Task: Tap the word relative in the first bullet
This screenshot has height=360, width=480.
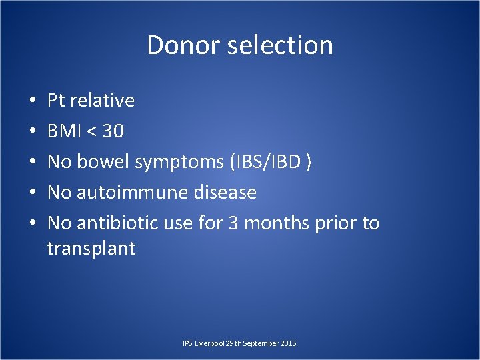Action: coord(103,101)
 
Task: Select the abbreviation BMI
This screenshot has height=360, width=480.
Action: coord(65,131)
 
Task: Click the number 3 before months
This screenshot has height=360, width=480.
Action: coord(233,223)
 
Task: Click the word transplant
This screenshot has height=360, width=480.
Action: coord(91,249)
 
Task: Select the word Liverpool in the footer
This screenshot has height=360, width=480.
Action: coord(208,343)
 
